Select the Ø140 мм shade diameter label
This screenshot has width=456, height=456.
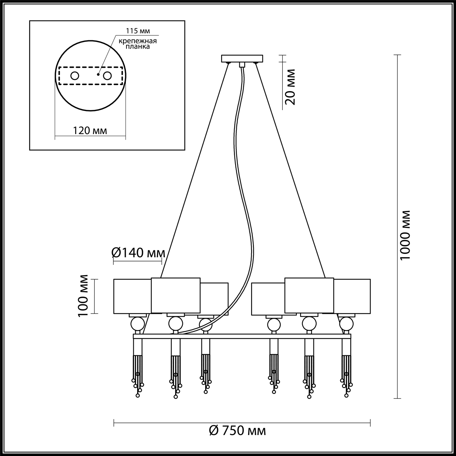coord(138,253)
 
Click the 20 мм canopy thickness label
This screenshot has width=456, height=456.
coord(290,87)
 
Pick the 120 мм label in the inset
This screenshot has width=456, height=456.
coord(90,130)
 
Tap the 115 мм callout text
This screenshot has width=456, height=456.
coord(138,31)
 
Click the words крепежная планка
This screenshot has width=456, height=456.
coord(138,44)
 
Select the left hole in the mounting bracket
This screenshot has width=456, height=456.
coord(75,76)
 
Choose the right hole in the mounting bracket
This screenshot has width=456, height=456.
coord(107,76)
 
